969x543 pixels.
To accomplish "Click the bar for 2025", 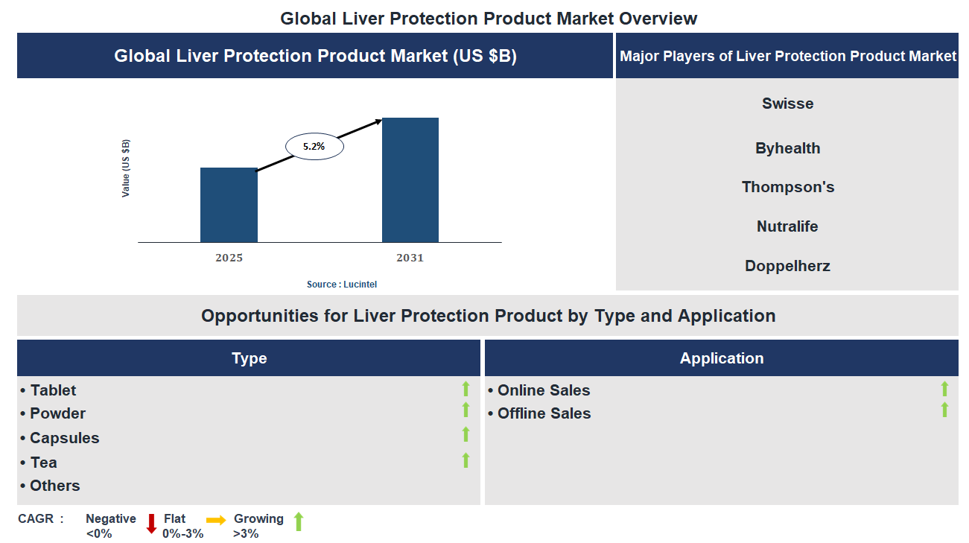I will coord(229,205).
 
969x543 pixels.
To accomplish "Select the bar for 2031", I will coord(410,180).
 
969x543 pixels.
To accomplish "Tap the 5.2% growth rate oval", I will coord(314,147).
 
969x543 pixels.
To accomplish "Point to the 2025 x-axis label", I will coord(229,258).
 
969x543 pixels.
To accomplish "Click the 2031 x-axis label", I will coord(410,258).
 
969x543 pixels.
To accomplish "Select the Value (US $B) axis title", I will coord(126,168).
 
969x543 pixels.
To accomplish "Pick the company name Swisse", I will coord(787,104).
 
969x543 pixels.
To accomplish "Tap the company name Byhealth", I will coord(787,148).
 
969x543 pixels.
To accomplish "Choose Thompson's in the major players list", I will coord(787,187).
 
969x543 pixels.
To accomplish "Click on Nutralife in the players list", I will coord(787,226).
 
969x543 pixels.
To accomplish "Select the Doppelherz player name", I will coord(787,266).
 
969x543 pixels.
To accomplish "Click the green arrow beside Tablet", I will coord(466,388).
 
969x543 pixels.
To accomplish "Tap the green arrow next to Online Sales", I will coord(944,388).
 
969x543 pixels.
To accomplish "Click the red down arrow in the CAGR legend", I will coord(151,523).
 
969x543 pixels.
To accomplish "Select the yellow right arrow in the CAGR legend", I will coord(216,520).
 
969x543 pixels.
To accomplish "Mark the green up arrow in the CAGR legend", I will coord(299,521).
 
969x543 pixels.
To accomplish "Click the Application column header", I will coord(721,358).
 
